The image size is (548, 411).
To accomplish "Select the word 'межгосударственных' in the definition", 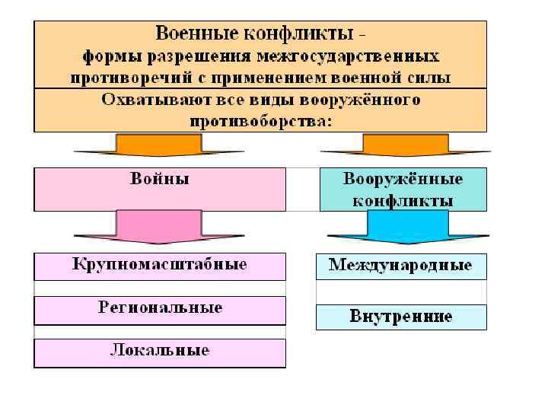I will click(x=348, y=56).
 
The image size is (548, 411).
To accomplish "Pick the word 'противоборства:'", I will click(x=261, y=121).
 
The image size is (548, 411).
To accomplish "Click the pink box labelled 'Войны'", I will click(x=160, y=189).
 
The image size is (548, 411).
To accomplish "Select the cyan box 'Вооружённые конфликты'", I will click(x=403, y=189).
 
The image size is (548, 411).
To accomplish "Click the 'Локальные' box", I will click(x=160, y=352).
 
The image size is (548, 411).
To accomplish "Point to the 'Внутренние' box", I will click(x=401, y=317).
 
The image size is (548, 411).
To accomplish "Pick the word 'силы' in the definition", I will click(x=431, y=78).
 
